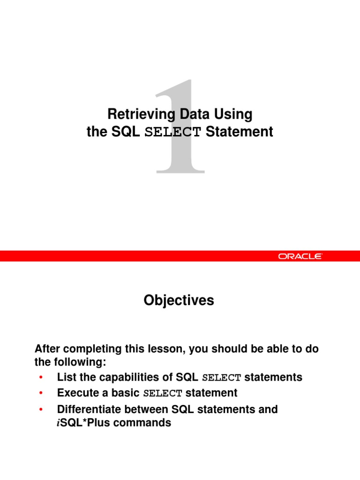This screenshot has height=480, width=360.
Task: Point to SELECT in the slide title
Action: pyautogui.click(x=173, y=133)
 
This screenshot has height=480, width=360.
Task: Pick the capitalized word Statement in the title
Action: pyautogui.click(x=239, y=132)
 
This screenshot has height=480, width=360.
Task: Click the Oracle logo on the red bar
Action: pyautogui.click(x=300, y=256)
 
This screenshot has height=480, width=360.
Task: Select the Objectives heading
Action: pyautogui.click(x=179, y=300)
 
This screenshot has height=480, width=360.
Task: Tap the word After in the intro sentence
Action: pyautogui.click(x=48, y=349)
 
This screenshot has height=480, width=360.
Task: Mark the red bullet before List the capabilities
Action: pyautogui.click(x=41, y=378)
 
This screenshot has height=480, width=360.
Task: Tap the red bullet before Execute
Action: pyautogui.click(x=41, y=393)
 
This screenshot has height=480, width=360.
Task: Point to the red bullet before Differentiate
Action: pyautogui.click(x=41, y=410)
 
